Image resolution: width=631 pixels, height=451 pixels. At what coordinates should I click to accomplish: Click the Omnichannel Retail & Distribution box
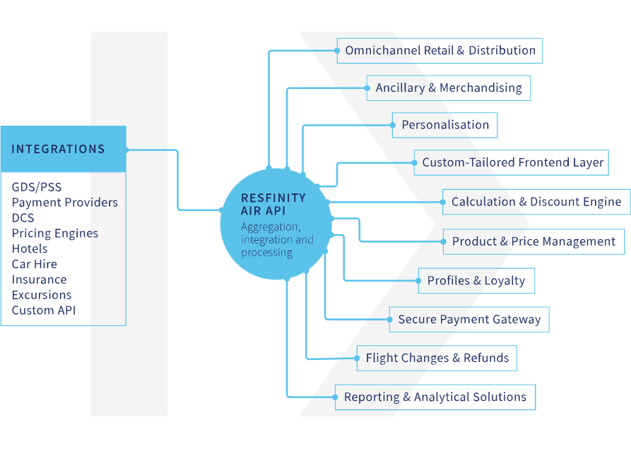(440, 51)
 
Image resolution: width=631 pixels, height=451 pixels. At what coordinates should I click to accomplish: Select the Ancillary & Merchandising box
(448, 88)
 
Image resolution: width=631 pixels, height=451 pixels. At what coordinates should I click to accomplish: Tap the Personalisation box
(445, 125)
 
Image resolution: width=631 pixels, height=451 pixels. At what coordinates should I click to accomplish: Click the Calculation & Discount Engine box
(536, 202)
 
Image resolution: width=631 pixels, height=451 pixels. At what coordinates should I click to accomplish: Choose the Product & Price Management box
(533, 241)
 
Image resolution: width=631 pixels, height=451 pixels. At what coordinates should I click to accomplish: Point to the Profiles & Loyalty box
(476, 281)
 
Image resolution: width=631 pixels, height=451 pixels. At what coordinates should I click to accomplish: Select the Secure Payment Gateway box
(469, 320)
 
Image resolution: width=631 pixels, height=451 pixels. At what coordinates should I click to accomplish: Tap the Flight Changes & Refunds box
(437, 359)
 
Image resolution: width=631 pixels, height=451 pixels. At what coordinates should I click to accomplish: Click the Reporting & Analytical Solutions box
(435, 397)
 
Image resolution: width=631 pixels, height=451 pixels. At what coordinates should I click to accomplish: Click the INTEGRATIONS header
(58, 149)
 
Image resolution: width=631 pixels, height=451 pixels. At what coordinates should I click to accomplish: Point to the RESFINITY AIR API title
(273, 204)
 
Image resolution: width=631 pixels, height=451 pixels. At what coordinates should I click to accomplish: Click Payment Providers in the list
(64, 203)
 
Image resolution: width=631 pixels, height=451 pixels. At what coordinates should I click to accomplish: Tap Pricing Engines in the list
(54, 233)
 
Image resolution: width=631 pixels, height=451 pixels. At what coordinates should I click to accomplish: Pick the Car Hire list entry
(34, 264)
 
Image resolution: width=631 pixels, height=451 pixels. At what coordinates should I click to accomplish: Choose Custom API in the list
(43, 311)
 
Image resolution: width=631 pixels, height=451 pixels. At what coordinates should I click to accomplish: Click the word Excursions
(41, 295)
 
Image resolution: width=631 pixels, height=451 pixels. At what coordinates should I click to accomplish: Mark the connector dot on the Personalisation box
(393, 125)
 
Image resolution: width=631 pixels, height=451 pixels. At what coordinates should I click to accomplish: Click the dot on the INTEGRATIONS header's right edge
(126, 150)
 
